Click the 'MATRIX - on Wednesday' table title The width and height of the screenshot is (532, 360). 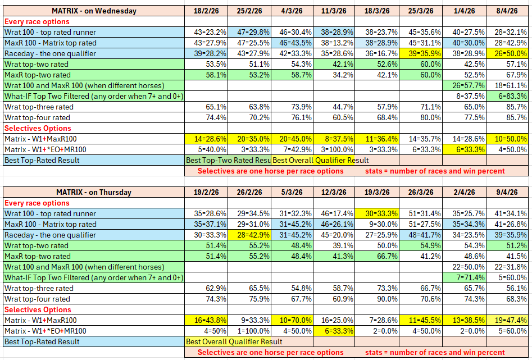coord(94,11)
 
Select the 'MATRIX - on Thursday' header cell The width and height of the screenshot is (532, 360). coord(94,192)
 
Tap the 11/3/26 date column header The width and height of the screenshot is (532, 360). coord(335,11)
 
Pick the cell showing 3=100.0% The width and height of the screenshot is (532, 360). coord(335,149)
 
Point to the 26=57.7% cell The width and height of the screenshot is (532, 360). coord(465,85)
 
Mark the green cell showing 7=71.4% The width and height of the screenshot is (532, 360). coord(465,277)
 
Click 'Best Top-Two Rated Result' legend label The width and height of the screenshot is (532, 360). coord(228,160)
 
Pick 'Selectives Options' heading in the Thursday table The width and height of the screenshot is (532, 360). coord(38,309)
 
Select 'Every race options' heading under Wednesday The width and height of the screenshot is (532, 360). coord(37,21)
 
